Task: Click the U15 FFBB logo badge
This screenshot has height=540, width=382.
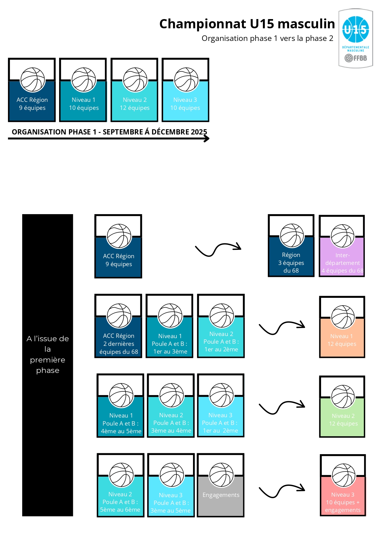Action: (356, 38)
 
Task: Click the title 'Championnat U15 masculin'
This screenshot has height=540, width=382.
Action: (247, 24)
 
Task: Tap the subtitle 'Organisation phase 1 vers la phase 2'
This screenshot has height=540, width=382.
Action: (267, 38)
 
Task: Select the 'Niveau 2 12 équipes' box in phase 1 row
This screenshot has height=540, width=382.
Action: (135, 90)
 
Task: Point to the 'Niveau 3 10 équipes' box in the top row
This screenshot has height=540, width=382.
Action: (186, 90)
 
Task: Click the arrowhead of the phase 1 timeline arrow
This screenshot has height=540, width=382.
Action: (207, 139)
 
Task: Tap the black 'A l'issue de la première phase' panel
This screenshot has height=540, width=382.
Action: (48, 365)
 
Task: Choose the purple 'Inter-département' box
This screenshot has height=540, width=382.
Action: (342, 246)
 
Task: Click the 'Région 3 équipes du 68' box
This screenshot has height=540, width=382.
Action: (291, 246)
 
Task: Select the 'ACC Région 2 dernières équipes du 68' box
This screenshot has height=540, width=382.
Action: (119, 326)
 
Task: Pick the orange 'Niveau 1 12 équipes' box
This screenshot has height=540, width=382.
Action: (342, 327)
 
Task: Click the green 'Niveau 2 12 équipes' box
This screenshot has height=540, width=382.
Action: (342, 407)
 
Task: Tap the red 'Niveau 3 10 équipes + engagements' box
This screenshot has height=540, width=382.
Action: (343, 485)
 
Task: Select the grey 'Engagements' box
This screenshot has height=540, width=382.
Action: (221, 485)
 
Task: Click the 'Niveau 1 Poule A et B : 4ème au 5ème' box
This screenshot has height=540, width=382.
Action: (120, 406)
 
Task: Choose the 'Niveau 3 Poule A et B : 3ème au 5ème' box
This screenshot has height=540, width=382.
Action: (171, 485)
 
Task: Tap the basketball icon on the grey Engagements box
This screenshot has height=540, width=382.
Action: (221, 475)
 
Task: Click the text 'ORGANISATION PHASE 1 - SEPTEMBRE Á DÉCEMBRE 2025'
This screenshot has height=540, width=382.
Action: (109, 132)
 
